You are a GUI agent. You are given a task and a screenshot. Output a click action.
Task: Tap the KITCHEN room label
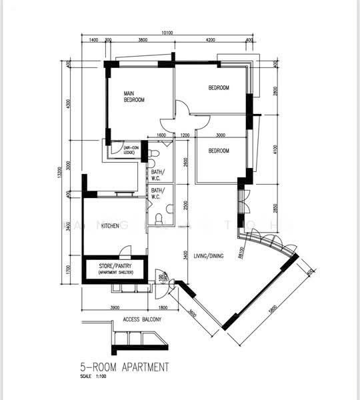(110, 226)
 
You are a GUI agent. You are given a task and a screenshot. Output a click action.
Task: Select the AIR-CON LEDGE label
(131, 150)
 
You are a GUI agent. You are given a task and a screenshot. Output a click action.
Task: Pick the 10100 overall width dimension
(167, 33)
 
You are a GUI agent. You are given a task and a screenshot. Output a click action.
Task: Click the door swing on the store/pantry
(121, 254)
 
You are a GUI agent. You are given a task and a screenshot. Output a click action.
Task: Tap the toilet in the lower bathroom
(157, 219)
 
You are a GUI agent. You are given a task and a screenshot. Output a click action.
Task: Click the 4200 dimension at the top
(210, 41)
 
